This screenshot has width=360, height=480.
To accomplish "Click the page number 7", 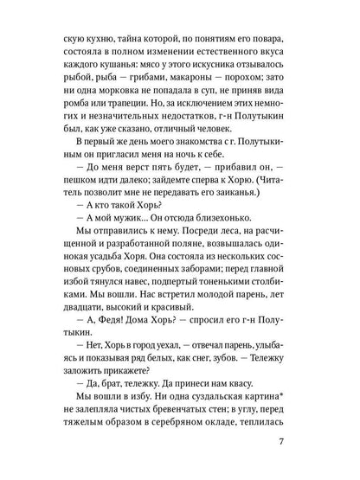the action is pos(295,445).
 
